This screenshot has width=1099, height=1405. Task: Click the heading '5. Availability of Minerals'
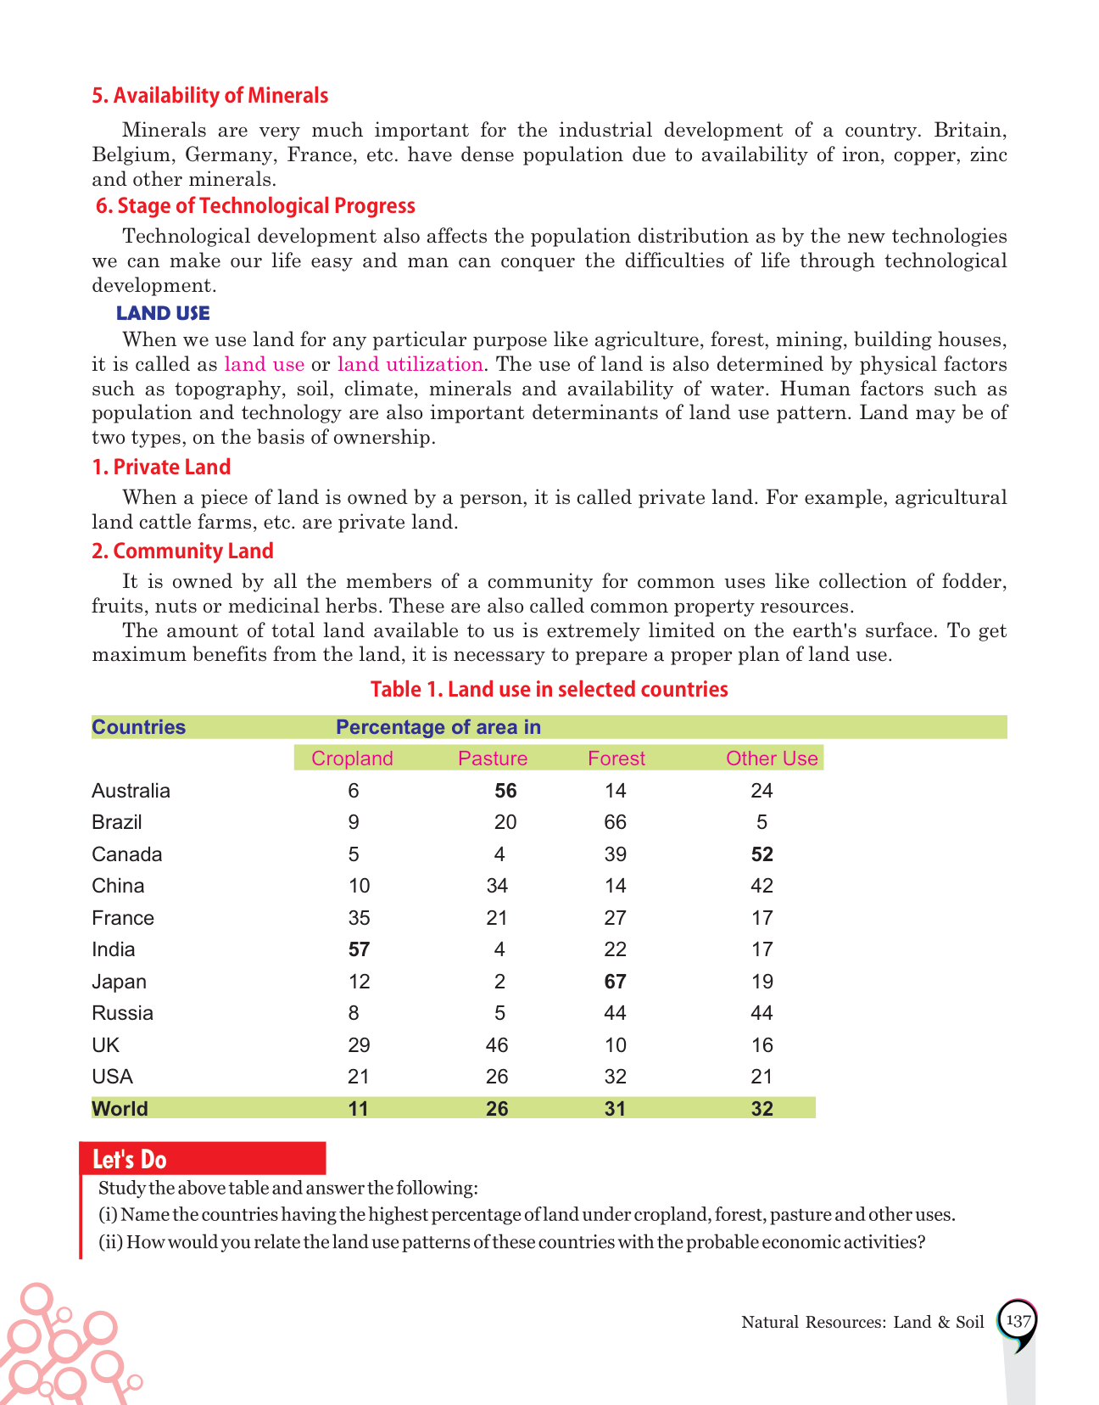click(x=210, y=96)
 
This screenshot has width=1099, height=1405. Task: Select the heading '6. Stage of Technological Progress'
click(x=255, y=206)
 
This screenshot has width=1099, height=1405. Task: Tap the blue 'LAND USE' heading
click(x=163, y=313)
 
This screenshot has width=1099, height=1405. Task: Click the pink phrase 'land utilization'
click(x=410, y=364)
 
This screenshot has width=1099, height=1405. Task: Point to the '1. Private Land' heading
click(x=161, y=467)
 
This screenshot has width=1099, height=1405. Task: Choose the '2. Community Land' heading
click(x=182, y=551)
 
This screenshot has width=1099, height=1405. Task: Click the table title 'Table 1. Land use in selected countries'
click(x=549, y=689)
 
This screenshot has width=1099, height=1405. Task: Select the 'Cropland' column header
click(x=352, y=758)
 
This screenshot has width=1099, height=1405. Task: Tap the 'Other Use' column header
click(x=772, y=758)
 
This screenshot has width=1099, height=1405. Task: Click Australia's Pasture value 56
click(x=505, y=791)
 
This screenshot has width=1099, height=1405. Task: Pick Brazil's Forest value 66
click(x=616, y=822)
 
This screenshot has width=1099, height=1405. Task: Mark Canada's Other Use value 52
click(x=762, y=854)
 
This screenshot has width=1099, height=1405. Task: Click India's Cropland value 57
click(x=359, y=949)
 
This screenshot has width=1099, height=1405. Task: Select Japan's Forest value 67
click(x=616, y=982)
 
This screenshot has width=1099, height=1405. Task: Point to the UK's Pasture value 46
click(x=497, y=1045)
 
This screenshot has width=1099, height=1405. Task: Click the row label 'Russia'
click(x=123, y=1013)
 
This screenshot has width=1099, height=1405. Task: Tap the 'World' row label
click(x=120, y=1109)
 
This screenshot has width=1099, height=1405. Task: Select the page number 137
click(x=1018, y=1321)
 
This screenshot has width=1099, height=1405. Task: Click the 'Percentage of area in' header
click(x=438, y=727)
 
